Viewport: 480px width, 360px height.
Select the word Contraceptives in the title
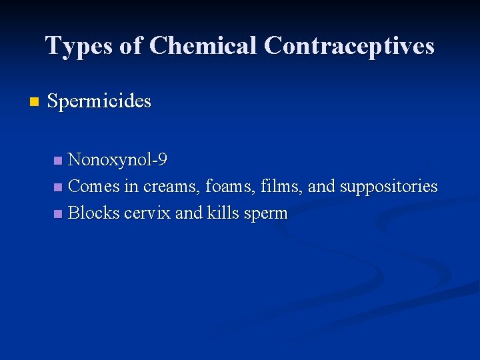pyautogui.click(x=349, y=46)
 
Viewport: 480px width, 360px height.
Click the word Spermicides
pyautogui.click(x=99, y=101)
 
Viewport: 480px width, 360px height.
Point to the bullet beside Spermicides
pyautogui.click(x=35, y=102)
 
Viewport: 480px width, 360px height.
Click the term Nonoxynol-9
pyautogui.click(x=117, y=160)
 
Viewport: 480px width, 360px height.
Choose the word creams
pyautogui.click(x=165, y=187)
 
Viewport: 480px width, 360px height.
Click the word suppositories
pyautogui.click(x=389, y=187)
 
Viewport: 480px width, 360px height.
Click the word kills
pyautogui.click(x=223, y=213)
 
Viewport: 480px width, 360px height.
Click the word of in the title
pyautogui.click(x=133, y=46)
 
